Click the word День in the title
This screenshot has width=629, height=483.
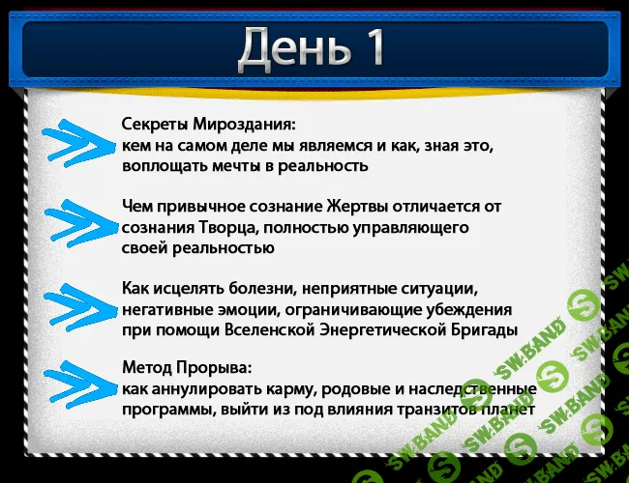point(285,49)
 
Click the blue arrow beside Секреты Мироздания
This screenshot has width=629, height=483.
point(76,144)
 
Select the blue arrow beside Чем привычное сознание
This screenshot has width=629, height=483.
point(76,225)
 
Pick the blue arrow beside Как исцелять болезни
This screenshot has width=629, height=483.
point(76,306)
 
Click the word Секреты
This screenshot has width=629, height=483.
point(154,126)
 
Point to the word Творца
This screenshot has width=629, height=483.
point(229,227)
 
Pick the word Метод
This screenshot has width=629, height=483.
point(146,368)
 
